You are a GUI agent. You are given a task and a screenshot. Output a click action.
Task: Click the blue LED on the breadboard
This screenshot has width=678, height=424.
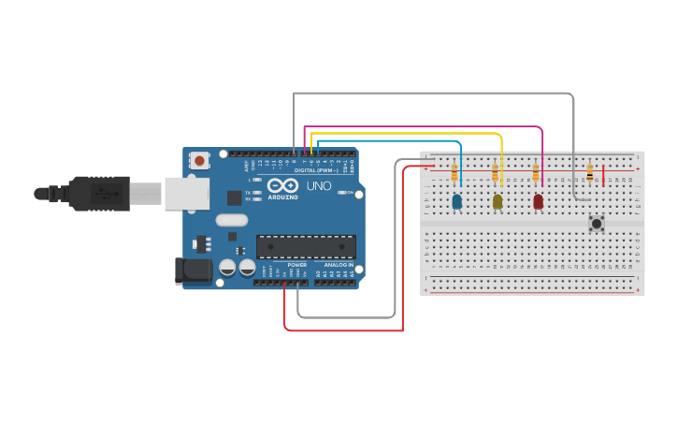(456, 201)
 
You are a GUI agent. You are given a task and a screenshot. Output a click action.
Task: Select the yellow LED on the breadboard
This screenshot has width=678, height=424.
(498, 201)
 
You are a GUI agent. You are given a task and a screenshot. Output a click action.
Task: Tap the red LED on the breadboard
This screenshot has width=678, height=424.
(538, 201)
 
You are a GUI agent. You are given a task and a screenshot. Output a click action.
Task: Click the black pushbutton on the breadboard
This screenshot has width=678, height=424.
(596, 223)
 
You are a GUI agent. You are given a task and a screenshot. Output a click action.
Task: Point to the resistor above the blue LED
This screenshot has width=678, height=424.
(454, 173)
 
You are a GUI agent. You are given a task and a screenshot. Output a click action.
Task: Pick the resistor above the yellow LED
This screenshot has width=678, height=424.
(495, 173)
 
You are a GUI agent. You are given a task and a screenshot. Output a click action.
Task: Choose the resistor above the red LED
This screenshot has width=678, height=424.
(536, 173)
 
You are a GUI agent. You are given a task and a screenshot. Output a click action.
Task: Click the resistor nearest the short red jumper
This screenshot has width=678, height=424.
(589, 173)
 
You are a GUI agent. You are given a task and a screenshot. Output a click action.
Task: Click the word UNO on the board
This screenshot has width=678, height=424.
(319, 186)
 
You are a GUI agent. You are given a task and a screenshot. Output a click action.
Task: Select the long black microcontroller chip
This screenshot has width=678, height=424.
(306, 246)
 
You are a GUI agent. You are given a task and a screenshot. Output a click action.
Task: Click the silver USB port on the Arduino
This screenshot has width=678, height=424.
(187, 193)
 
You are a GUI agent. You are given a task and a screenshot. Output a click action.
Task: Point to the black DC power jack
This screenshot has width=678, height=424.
(191, 270)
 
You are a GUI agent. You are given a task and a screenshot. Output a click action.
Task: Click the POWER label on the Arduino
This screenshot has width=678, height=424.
(297, 265)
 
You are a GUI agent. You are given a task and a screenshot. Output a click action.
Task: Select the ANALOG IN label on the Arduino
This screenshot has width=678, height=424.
(339, 265)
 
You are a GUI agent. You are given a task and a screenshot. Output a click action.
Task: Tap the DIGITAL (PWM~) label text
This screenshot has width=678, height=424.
(314, 170)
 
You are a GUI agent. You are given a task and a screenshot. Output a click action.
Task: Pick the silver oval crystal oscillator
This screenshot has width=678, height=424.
(232, 221)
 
